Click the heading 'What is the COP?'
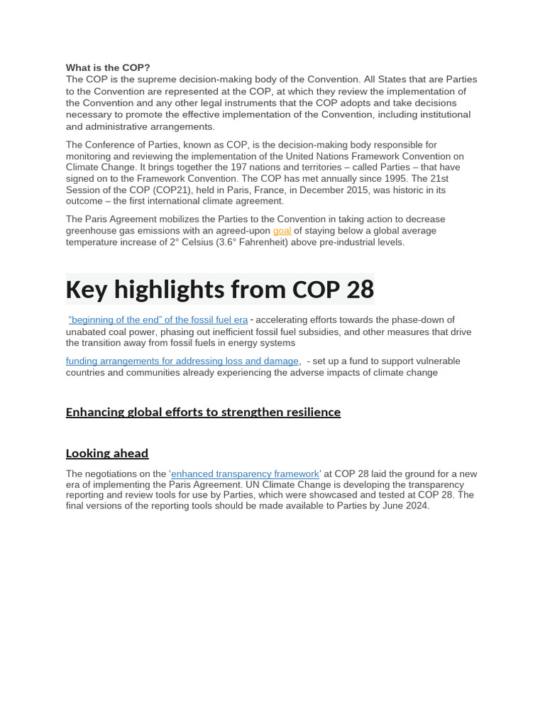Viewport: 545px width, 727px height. tap(108, 67)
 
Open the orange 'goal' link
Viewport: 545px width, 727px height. tap(282, 231)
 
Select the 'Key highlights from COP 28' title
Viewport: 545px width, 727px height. tap(219, 290)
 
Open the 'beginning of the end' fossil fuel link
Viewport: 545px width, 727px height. tap(158, 319)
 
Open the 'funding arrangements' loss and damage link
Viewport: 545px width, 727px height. tap(182, 361)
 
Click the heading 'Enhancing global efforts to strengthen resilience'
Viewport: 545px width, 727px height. tap(203, 412)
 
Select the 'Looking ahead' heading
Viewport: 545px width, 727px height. tap(107, 453)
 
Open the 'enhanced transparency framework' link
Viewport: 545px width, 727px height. tap(246, 474)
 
